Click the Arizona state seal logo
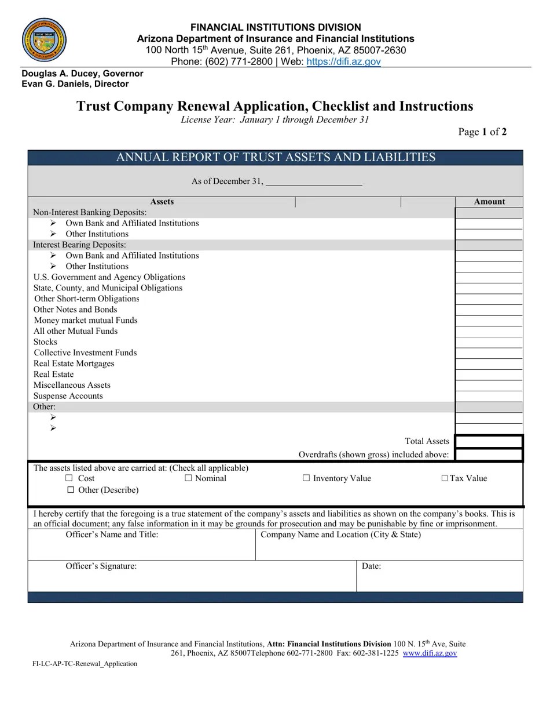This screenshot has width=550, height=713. pos(44,39)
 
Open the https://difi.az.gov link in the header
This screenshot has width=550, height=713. pos(343,61)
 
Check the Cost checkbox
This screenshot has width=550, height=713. pos(69,478)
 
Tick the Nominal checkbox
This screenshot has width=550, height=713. pos(188,478)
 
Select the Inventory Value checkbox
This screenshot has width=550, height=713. pos(306,478)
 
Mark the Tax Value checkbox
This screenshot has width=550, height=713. pos(445,478)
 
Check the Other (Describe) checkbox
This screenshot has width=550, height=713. pos(71,490)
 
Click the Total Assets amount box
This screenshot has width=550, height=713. pos(489,442)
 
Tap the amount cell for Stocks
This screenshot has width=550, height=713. pos(489,342)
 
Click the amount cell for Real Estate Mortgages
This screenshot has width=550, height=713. pos(489,363)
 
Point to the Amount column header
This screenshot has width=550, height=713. pos(489,202)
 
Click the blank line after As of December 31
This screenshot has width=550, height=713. pos(314,182)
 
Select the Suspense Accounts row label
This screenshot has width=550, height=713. pos(68,396)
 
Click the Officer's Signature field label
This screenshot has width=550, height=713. pos(101,566)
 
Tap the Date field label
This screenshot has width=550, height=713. pos(371,566)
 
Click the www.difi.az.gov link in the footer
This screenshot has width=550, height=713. pos(430,653)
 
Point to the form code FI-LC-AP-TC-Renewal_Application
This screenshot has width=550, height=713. pos(85,664)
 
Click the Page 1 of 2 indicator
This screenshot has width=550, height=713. pos(482,132)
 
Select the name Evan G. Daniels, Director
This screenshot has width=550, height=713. pos(75,84)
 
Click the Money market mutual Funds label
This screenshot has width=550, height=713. pos(86,321)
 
